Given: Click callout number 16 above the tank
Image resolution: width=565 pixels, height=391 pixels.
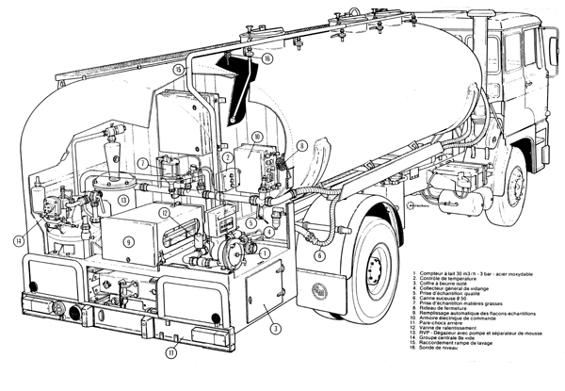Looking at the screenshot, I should tap(267, 58).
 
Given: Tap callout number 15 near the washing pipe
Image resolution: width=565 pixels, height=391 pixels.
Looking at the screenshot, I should tap(177, 70).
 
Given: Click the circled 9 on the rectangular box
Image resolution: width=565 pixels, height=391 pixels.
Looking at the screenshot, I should tap(129, 239).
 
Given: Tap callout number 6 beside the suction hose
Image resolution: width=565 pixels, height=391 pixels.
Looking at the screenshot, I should tap(319, 254).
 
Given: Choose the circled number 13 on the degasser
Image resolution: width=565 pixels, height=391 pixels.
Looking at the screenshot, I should tap(124, 201).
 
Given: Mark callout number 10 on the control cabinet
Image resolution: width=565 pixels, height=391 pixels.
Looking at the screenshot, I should tap(257, 138).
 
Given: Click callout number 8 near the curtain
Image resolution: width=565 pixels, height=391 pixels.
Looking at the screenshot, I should tap(300, 146).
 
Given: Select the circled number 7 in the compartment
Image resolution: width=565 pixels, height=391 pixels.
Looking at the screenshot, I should tap(141, 163).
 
